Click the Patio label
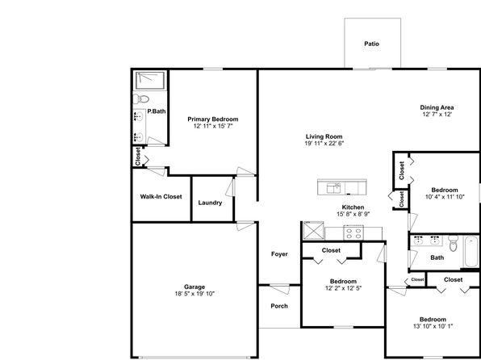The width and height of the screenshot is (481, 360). pos(371,44)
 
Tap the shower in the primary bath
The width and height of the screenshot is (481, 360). pos(150,81)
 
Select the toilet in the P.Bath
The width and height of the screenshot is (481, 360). pos(140,99)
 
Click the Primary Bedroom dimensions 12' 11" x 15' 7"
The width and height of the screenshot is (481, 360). pos(213,126)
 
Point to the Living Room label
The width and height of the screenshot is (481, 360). pos(324,136)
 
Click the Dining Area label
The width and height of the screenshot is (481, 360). pos(437,107)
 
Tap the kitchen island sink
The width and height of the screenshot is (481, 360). pos(333,188)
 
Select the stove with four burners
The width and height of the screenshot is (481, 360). pos(353,232)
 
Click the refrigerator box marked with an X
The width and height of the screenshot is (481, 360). pos(313,230)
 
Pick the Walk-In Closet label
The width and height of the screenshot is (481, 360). pos(161,197)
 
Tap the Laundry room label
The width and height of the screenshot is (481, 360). pos(210,203)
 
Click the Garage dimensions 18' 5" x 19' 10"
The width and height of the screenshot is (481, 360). pos(194,294)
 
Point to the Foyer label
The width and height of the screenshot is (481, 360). pos(279,254)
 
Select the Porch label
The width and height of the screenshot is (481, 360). pos(279,306)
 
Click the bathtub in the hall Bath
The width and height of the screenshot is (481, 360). pos(471,252)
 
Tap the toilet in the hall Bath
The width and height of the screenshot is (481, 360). pos(453,243)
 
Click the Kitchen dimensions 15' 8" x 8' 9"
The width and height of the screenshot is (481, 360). pos(353,214)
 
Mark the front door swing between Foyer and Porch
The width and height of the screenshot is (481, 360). pos(280,289)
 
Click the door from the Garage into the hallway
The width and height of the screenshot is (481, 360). pos(245,225)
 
